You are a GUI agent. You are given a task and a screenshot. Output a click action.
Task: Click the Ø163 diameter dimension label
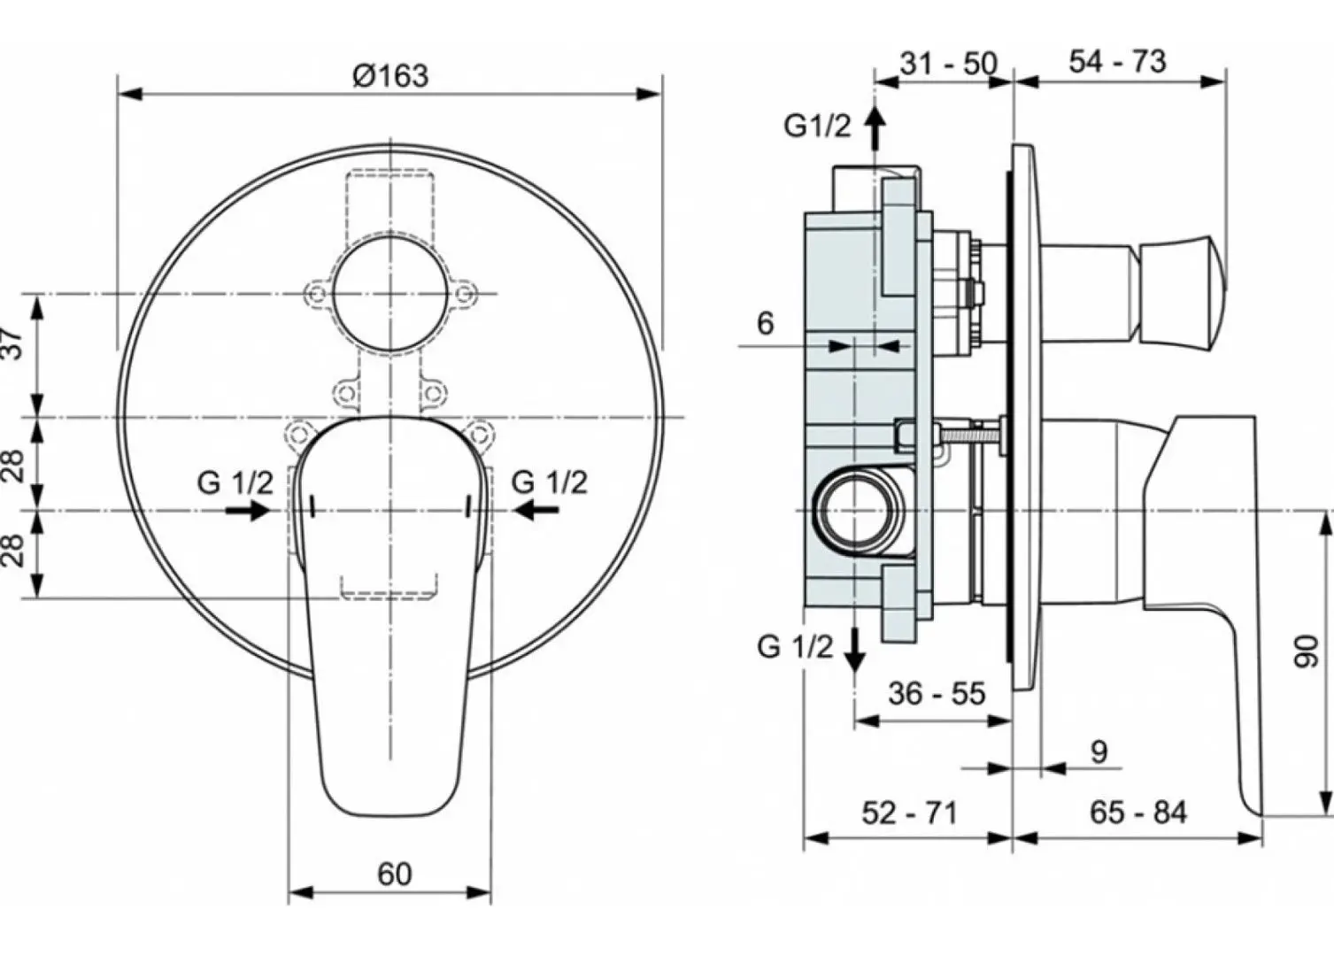(x=389, y=75)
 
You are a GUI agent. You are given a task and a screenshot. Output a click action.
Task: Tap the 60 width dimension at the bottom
(x=394, y=874)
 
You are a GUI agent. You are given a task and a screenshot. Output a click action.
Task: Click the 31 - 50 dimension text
(x=948, y=64)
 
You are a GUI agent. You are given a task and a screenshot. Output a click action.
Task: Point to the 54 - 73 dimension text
(x=1117, y=61)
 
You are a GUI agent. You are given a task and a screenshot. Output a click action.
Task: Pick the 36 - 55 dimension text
(x=937, y=693)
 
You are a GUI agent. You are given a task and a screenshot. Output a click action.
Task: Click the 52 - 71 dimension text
(x=909, y=812)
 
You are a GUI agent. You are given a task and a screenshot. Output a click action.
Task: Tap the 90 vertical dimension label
(x=1306, y=651)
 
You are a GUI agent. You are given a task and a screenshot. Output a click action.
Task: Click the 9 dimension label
(x=1099, y=752)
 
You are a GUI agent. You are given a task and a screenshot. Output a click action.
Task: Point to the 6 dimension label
(x=765, y=324)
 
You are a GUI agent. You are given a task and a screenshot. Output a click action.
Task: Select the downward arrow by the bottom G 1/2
(x=854, y=651)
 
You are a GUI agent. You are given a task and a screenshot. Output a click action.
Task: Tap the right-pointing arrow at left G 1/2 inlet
(x=247, y=510)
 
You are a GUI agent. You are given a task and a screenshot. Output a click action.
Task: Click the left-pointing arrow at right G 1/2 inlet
(x=536, y=510)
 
